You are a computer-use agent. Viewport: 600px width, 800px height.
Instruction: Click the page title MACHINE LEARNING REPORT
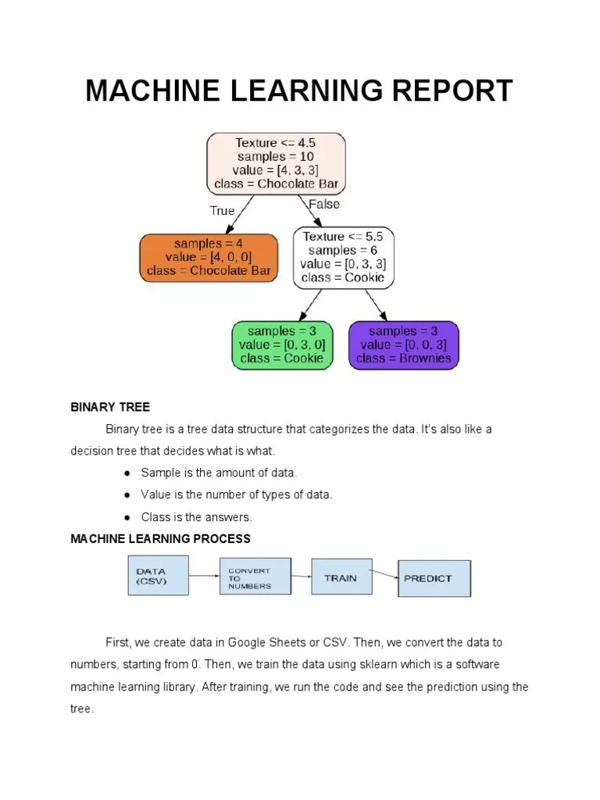tap(299, 91)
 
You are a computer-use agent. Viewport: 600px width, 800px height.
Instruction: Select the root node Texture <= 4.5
tap(276, 164)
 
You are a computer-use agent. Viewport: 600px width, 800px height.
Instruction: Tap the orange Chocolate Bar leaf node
tap(209, 258)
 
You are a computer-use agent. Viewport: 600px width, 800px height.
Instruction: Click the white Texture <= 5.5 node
tap(343, 257)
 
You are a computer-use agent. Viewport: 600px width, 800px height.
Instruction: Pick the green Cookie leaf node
tap(282, 345)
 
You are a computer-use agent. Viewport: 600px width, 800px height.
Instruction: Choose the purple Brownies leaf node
tap(403, 345)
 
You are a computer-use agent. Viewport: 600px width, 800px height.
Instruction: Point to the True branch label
tap(222, 211)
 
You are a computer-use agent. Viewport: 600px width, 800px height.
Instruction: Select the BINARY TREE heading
tap(110, 407)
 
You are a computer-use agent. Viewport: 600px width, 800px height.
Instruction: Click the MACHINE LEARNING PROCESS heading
tap(160, 539)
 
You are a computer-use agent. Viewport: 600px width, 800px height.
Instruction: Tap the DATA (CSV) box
tap(158, 577)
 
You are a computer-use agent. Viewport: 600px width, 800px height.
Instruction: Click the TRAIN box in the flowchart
tap(340, 578)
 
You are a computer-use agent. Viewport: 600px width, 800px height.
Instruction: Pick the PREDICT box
tap(434, 579)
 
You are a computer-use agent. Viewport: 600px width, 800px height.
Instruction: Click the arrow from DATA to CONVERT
tap(204, 577)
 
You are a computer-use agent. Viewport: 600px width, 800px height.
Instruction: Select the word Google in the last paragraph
tap(245, 642)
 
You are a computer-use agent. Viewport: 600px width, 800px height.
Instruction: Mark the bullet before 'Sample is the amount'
tap(126, 473)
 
